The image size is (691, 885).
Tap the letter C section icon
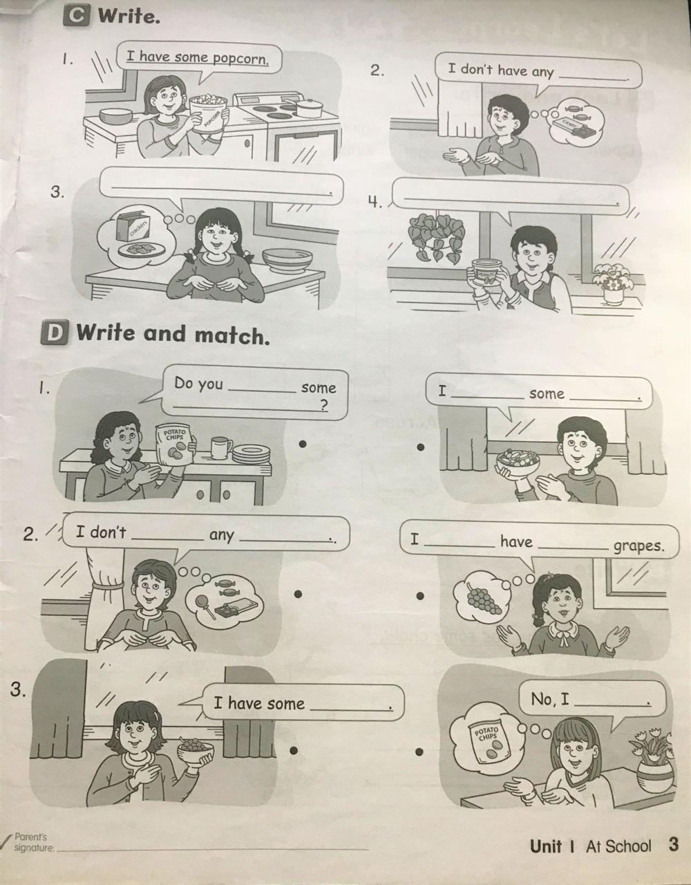point(76,17)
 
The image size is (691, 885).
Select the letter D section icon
point(54,333)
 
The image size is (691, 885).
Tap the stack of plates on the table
point(251,454)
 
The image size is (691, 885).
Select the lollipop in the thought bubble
point(204,606)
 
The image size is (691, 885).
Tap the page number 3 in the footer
point(674,844)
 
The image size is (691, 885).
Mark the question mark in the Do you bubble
point(324,406)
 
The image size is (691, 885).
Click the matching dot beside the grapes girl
point(421,596)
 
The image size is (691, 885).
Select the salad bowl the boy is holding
point(518,460)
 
